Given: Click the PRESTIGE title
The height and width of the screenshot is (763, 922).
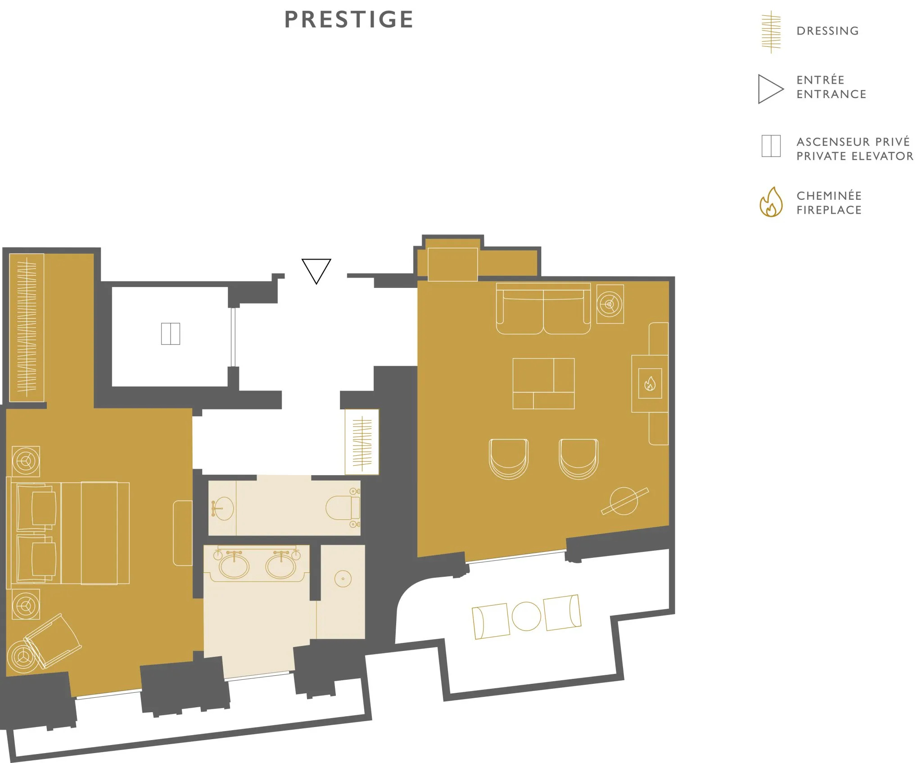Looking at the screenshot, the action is click(349, 19).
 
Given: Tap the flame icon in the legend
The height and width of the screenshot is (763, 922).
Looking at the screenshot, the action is click(771, 202).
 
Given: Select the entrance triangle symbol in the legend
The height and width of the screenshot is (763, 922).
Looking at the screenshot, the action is click(770, 89).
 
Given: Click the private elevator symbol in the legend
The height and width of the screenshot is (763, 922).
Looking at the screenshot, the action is click(771, 146).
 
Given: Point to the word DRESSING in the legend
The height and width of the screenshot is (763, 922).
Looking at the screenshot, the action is click(827, 31).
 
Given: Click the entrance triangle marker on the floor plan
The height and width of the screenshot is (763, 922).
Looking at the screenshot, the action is click(316, 271).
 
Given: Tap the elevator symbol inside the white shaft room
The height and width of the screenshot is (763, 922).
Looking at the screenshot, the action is click(171, 334).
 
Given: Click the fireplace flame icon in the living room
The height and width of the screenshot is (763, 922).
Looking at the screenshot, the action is click(650, 384).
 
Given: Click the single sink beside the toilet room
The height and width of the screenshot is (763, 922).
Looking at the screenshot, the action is click(223, 508).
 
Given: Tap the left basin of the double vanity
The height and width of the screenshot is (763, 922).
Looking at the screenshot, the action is click(234, 566).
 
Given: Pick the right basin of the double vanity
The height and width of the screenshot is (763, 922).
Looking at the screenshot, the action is click(281, 566).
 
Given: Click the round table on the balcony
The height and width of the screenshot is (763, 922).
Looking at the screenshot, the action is click(526, 616).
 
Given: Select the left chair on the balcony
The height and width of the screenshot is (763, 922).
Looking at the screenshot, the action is click(491, 621).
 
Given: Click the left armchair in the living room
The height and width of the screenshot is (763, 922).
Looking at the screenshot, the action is click(509, 459).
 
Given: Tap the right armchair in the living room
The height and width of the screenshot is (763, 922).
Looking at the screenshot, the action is click(579, 459).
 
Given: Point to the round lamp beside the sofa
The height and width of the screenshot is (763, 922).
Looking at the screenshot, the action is click(610, 304).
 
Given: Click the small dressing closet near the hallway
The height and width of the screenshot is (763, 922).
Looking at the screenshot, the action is click(362, 442).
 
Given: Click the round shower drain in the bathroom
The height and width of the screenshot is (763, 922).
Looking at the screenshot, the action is click(343, 579).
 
